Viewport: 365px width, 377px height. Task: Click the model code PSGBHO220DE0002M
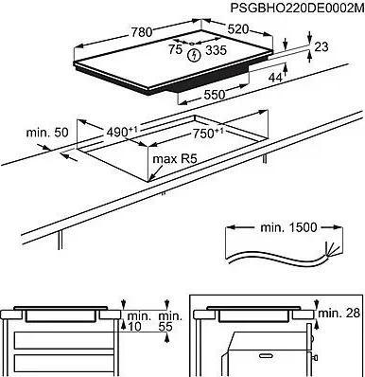coord(297,8)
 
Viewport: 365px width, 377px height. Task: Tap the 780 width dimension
coord(142,32)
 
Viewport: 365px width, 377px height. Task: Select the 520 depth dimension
coord(238,29)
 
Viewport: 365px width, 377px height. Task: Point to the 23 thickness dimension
coord(322,46)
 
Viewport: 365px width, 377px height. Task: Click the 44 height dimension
coord(275,78)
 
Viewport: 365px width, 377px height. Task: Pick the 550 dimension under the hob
coord(215,95)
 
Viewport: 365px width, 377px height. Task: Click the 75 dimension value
coord(175,49)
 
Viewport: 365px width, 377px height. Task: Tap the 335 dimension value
coord(217,50)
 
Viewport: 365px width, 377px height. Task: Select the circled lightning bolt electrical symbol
coord(194,56)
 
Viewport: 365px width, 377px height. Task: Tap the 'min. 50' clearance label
coord(47,133)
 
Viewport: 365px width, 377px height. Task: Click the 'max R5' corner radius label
coord(175,159)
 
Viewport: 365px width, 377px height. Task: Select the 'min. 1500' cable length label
coord(288,227)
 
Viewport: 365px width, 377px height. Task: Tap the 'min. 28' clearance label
coord(339,313)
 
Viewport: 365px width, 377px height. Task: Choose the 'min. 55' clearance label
coord(170,321)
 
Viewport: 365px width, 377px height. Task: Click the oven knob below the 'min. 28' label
coord(312,339)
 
